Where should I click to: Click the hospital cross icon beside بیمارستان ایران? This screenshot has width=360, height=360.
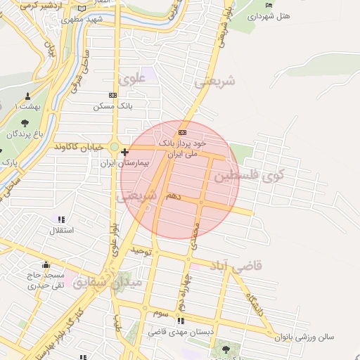click(124, 152)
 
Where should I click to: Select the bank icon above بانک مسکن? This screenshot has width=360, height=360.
click(112, 95)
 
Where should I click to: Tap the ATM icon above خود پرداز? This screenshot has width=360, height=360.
click(183, 131)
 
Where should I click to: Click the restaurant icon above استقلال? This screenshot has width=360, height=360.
click(60, 219)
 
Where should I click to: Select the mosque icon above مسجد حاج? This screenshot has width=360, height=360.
click(46, 264)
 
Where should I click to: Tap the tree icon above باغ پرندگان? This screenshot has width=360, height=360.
click(25, 123)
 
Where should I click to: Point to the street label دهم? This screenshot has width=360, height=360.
click(173, 196)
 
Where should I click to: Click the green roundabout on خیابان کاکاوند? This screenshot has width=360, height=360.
click(113, 147)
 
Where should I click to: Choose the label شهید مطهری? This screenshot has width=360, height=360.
click(84, 20)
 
